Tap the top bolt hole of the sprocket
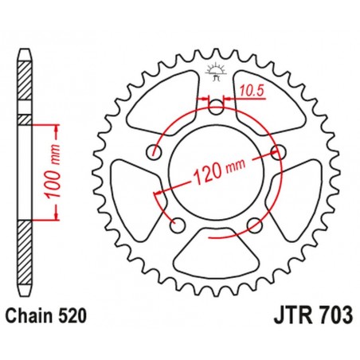216,105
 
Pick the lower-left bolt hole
177,225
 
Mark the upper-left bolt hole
153,151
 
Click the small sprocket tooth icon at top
216,74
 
